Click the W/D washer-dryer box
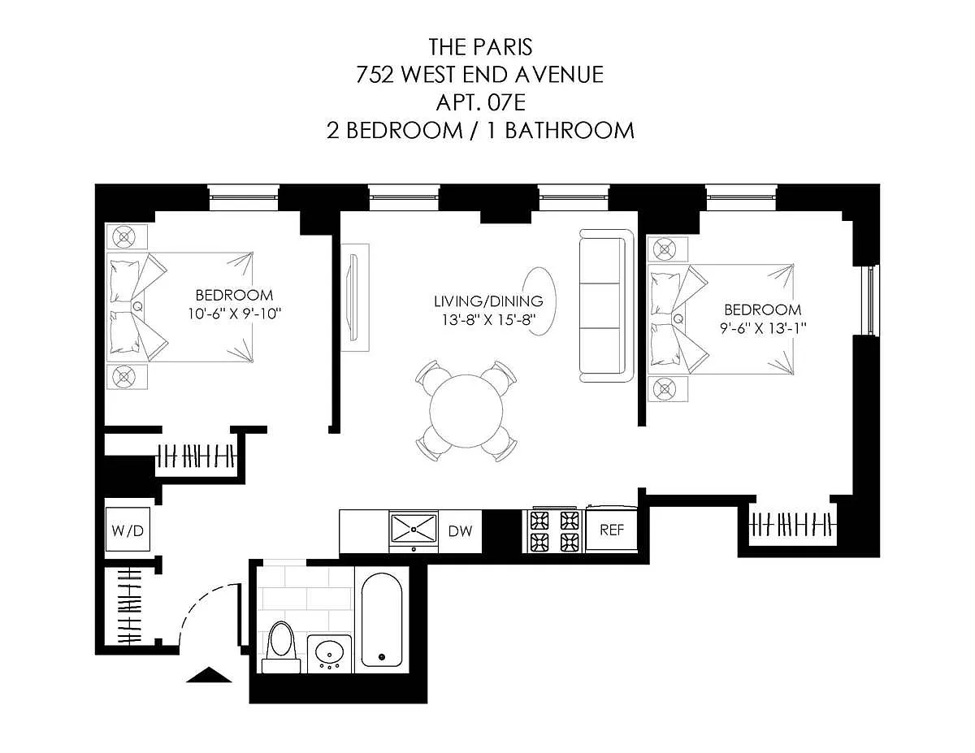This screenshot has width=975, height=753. click(128, 530)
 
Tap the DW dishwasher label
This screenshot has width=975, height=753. click(460, 531)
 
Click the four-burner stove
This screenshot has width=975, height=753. click(555, 531)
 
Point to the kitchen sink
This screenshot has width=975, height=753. click(414, 529)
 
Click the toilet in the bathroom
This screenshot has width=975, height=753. click(281, 647)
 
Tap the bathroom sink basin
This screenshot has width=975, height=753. click(329, 653)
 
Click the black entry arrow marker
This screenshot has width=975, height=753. click(209, 675)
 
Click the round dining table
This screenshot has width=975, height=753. click(466, 411)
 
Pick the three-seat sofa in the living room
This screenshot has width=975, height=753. click(607, 306)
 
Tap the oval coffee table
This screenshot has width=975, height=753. click(540, 301)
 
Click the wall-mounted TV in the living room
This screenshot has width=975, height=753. click(354, 298)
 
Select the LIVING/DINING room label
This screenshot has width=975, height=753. click(488, 301)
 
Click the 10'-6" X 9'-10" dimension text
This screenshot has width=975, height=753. click(234, 314)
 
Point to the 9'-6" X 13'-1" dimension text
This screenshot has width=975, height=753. click(763, 328)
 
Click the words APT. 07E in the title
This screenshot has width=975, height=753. click(480, 102)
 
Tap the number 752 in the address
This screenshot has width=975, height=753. click(375, 75)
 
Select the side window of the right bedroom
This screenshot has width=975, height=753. click(871, 300)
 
